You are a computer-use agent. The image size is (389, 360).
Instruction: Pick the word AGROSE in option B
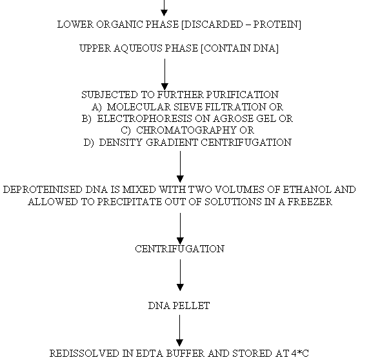tap(233, 119)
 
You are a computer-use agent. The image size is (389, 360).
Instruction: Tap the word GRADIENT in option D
tap(172, 143)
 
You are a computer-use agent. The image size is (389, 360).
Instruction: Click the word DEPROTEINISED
tap(43, 190)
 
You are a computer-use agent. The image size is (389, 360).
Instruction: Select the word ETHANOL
tap(307, 190)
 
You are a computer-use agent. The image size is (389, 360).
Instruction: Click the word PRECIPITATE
tap(129, 202)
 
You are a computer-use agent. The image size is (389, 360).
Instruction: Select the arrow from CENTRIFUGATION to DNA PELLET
tap(180, 275)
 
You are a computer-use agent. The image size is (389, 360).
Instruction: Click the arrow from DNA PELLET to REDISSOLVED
tap(179, 330)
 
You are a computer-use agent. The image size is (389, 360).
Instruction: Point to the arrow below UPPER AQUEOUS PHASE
tap(165, 74)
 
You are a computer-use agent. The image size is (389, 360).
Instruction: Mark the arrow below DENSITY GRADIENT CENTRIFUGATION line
tap(180, 166)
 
